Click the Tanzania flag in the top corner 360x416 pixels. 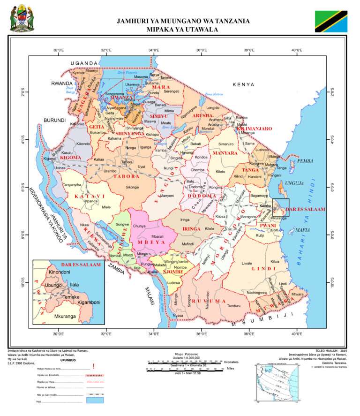330,19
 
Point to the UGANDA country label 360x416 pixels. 84,63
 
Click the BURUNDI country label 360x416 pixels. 55,121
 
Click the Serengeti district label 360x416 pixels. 172,91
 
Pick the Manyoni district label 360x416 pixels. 167,196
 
